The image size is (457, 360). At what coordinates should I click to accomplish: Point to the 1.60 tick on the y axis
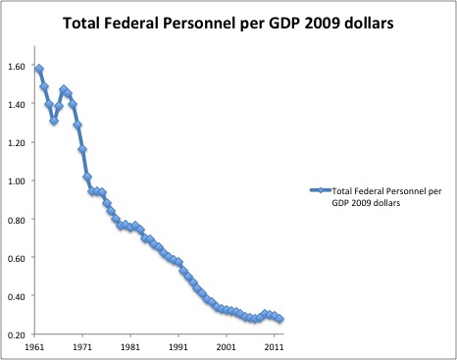[18, 66]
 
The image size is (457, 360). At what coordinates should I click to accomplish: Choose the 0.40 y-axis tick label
[18, 295]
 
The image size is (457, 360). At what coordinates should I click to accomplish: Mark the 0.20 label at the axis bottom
[18, 334]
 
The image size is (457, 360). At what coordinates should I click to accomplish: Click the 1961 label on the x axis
[36, 346]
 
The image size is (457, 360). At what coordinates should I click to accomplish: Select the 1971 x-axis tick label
[84, 346]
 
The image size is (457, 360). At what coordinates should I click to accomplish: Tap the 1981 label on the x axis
[131, 346]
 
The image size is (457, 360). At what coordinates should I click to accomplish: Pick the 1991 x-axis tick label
[178, 346]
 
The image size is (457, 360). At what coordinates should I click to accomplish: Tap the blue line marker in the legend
[320, 189]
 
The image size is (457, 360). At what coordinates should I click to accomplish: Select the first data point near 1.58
[39, 69]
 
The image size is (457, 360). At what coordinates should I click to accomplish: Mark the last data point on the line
[279, 319]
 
